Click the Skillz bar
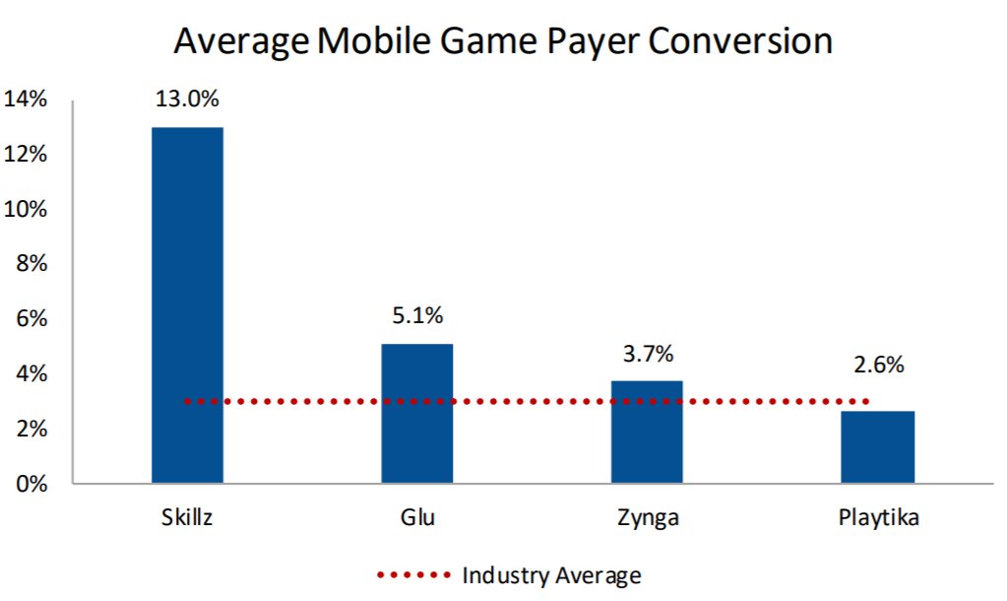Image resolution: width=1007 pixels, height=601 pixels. [x=187, y=305]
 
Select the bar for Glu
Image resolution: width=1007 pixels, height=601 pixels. [x=417, y=414]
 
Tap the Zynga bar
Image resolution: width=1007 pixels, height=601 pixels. [x=647, y=433]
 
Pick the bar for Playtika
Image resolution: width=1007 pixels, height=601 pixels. [x=878, y=447]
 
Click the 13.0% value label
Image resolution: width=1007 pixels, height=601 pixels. [x=187, y=99]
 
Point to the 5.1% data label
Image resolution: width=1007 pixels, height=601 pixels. [x=417, y=316]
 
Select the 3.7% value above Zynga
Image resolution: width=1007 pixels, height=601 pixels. [x=647, y=353]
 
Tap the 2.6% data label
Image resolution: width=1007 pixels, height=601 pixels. [x=878, y=365]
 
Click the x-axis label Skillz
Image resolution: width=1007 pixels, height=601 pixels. [x=186, y=518]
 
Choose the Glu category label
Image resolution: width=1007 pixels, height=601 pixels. [x=417, y=518]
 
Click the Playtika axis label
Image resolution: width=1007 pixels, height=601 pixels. [x=878, y=518]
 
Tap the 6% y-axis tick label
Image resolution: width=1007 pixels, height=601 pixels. [x=31, y=319]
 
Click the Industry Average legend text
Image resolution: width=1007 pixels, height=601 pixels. [x=551, y=575]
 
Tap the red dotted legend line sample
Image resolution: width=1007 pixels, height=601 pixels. [x=413, y=575]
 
